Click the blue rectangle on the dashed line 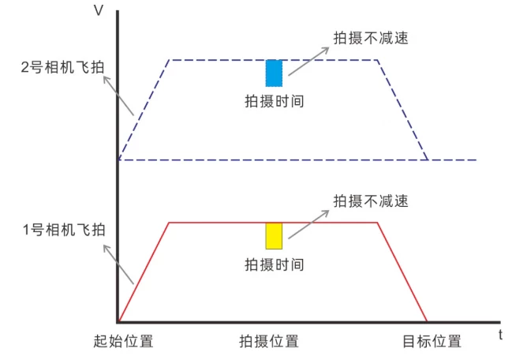coord(274,73)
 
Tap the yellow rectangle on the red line coord(274,236)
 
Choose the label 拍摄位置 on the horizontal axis coord(269,342)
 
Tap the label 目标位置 coord(432,342)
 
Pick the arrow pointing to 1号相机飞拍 coord(118,262)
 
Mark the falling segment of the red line coord(402,272)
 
